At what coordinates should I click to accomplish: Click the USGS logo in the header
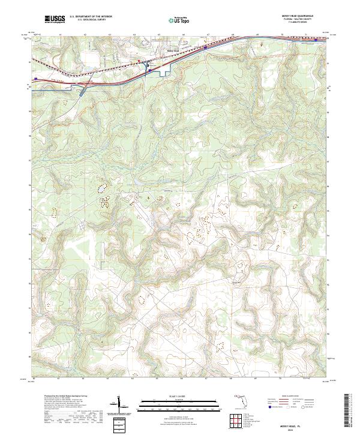pyautogui.click(x=55, y=20)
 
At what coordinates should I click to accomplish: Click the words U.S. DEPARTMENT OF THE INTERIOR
pyautogui.click(x=91, y=17)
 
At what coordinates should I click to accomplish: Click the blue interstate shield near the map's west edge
pyautogui.click(x=37, y=79)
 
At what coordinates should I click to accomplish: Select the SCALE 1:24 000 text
pyautogui.click(x=173, y=397)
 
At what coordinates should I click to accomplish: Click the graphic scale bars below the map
pyautogui.click(x=173, y=404)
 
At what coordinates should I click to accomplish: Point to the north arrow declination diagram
pyautogui.click(x=123, y=405)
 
